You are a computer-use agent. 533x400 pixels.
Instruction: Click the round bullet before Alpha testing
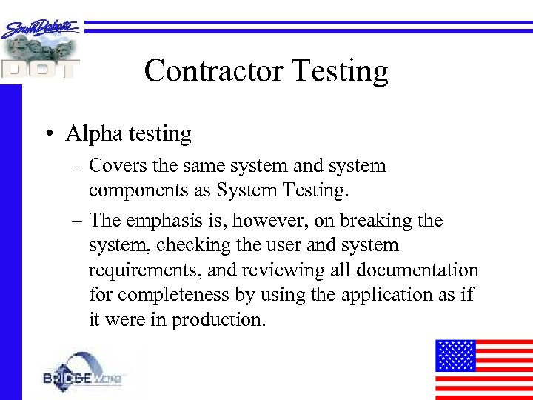(48, 134)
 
